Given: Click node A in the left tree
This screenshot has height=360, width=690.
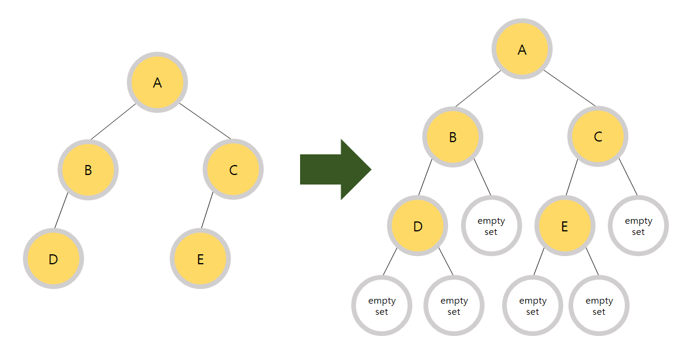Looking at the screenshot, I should tap(157, 82).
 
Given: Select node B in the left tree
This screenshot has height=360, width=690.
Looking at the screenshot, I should tap(88, 170).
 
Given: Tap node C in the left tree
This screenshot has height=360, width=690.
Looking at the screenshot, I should tap(233, 170).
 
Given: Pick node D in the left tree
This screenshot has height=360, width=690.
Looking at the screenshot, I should tap(53, 258).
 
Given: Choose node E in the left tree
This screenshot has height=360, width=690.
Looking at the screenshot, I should tap(200, 258).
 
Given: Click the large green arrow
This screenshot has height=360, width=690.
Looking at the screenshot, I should tap(335, 170).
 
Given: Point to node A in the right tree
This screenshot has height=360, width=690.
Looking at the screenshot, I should tap(522, 49).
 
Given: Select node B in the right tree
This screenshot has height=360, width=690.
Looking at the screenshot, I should tap(453, 137).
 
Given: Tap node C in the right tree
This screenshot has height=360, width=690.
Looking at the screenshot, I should tap(598, 137).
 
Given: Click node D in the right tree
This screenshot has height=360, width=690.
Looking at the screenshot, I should tap(418, 226).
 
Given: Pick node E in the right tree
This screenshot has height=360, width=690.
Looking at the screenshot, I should tap(565, 226).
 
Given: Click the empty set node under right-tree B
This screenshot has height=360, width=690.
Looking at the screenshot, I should tap(491, 226).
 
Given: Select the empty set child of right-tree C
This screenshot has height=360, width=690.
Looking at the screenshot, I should tap(638, 226).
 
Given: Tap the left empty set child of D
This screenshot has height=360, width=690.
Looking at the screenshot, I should tap(382, 306).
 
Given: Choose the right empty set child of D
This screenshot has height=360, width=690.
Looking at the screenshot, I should tap(454, 306).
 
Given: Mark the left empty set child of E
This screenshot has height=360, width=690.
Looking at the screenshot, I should tap(533, 306).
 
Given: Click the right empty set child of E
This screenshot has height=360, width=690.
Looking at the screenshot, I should tap(599, 306).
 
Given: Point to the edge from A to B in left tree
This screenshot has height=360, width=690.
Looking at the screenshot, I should tap(113, 122).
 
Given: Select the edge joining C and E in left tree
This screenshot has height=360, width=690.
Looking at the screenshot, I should tap(207, 210).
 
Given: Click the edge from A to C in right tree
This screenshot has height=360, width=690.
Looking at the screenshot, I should tap(570, 89).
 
